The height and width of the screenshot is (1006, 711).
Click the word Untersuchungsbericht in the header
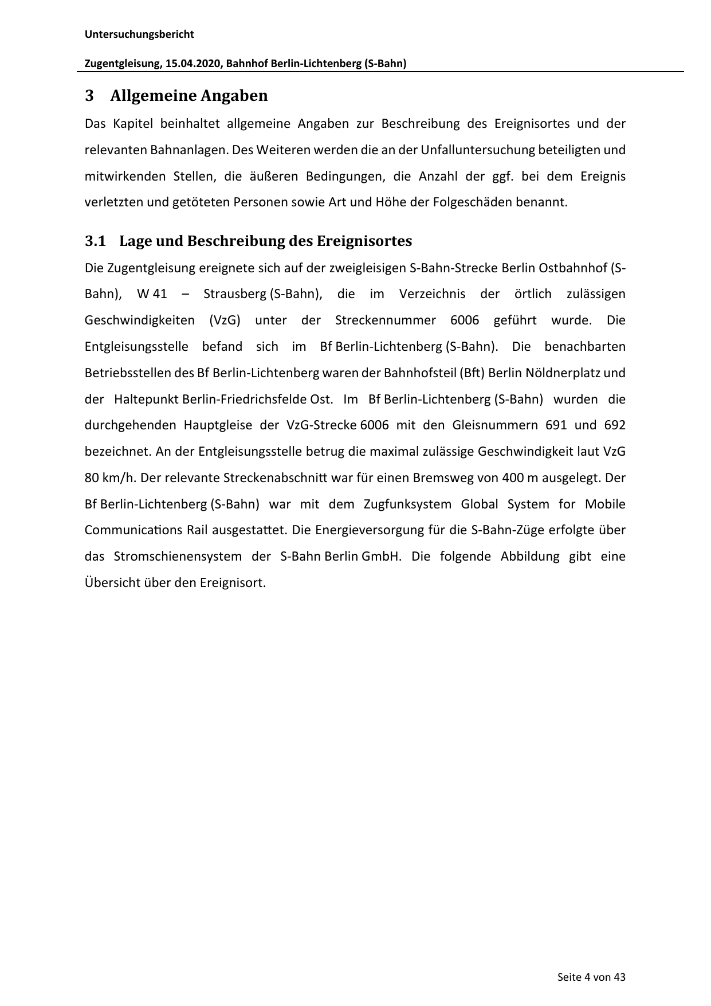(x=139, y=34)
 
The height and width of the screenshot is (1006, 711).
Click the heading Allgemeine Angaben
(x=188, y=96)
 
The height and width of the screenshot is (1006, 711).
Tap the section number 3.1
(x=96, y=241)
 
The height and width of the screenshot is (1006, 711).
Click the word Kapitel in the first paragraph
(x=132, y=123)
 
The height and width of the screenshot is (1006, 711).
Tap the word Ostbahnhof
(x=578, y=268)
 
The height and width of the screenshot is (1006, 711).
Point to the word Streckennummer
(x=386, y=320)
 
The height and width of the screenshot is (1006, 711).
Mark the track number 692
(x=615, y=425)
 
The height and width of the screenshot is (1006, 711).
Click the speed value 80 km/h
(x=109, y=478)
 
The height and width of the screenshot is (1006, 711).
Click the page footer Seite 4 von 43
(x=591, y=977)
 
